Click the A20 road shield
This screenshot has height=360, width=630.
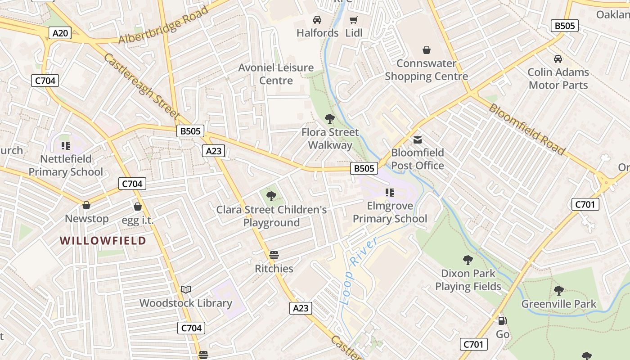click(x=60, y=33)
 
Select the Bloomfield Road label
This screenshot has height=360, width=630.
click(x=526, y=129)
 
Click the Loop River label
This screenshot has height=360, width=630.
click(x=360, y=272)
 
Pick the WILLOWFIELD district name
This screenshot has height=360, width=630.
click(x=103, y=241)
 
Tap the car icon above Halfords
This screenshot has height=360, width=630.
click(x=317, y=20)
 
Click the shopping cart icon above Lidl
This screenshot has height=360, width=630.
click(x=354, y=20)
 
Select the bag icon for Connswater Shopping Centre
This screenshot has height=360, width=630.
click(x=426, y=50)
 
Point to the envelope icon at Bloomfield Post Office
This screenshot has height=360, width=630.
click(x=418, y=140)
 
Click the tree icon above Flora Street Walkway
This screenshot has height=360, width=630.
click(x=330, y=119)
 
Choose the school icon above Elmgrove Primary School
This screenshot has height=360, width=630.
click(x=390, y=193)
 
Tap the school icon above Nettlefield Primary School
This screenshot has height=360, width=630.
click(x=66, y=145)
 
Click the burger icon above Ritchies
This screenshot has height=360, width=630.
click(x=274, y=255)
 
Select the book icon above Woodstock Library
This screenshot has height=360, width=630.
click(x=186, y=289)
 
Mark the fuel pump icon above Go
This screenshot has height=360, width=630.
click(x=503, y=321)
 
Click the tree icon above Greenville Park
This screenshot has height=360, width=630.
click(x=559, y=291)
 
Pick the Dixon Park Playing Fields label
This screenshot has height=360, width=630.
click(x=468, y=280)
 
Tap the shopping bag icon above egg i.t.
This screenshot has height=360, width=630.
click(x=138, y=207)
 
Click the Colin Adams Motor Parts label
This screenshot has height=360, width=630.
click(x=558, y=79)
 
